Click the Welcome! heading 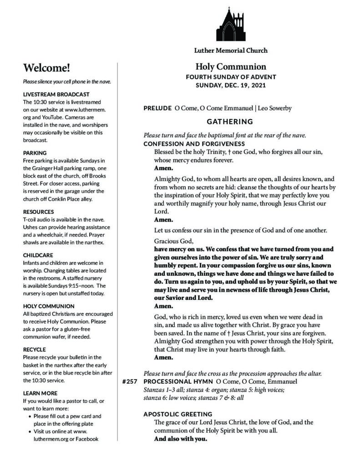[x=47, y=68]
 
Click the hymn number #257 [x=130, y=381]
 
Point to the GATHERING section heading [x=230, y=122]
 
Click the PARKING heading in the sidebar [x=35, y=153]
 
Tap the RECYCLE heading [x=35, y=349]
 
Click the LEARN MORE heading [x=40, y=393]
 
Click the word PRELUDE [x=157, y=108]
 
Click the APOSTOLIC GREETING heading [x=178, y=414]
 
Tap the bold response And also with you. [x=181, y=440]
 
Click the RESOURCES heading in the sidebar [x=38, y=212]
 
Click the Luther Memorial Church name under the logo [x=230, y=50]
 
